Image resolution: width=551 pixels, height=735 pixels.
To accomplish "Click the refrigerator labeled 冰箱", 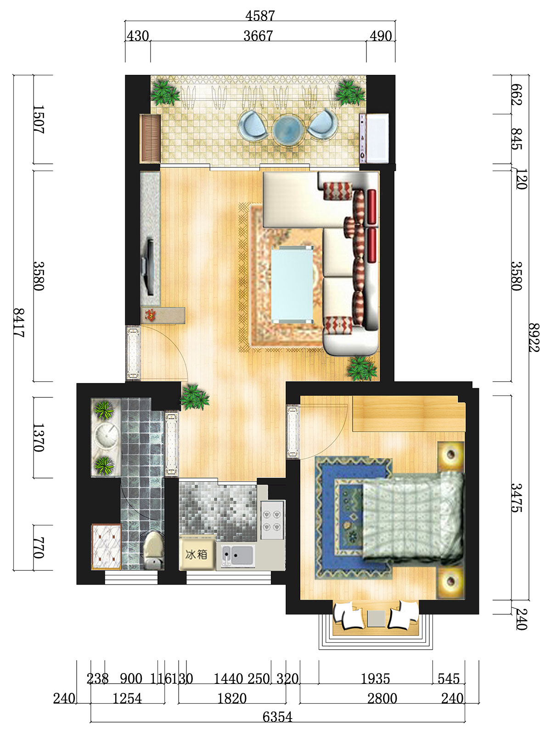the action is click(197, 554).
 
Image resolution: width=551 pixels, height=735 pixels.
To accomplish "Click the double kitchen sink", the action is click(236, 555).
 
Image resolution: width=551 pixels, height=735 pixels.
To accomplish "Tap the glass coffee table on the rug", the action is click(292, 284).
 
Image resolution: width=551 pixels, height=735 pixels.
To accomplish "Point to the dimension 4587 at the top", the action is click(260, 16).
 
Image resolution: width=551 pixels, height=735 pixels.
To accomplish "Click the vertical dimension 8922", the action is click(534, 338).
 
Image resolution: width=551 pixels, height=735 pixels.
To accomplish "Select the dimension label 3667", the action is click(258, 36).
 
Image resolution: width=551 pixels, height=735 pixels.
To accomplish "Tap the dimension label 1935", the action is click(375, 679).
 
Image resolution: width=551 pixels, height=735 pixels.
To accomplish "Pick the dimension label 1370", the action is click(38, 438).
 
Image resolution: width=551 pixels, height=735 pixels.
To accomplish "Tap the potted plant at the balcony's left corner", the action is click(164, 93).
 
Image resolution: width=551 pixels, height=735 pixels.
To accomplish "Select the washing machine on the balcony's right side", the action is click(374, 138).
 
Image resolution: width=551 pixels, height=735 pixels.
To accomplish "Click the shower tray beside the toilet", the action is click(106, 547).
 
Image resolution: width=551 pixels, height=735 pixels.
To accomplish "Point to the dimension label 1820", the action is click(232, 698).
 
